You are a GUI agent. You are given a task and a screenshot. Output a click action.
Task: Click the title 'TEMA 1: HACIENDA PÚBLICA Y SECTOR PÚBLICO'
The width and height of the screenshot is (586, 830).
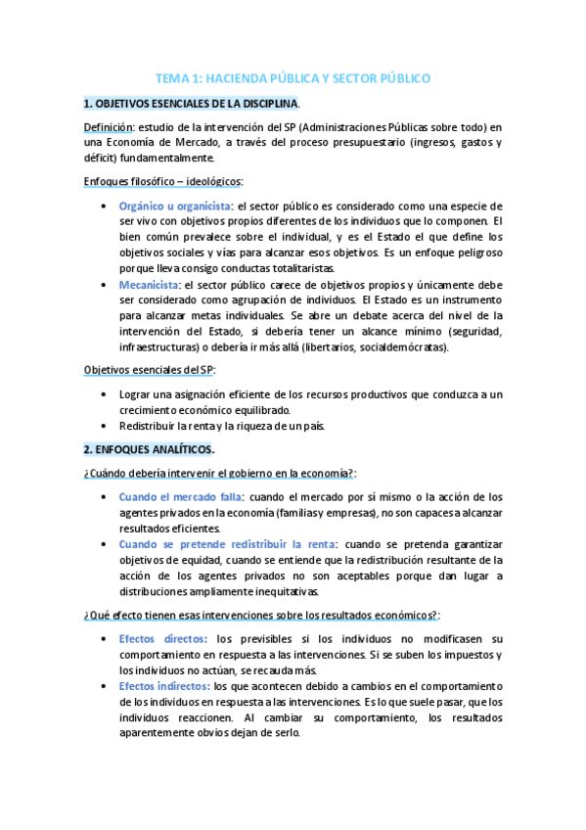click(293, 79)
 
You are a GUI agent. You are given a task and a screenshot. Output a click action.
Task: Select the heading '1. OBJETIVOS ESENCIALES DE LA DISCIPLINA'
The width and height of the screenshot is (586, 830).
click(191, 104)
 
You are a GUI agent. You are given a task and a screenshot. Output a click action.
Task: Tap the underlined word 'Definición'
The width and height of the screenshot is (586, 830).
click(108, 126)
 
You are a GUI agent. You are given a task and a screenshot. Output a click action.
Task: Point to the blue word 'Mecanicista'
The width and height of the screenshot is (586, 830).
click(148, 285)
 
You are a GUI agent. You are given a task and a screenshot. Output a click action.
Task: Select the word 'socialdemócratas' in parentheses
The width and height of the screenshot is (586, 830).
click(401, 346)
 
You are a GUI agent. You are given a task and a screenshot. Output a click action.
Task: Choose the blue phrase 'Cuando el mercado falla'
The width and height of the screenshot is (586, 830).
click(180, 496)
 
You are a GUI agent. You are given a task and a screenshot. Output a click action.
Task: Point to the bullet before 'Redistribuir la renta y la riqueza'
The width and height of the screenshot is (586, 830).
click(105, 425)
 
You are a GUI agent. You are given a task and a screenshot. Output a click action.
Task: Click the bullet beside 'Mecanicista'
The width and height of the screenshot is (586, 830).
click(105, 285)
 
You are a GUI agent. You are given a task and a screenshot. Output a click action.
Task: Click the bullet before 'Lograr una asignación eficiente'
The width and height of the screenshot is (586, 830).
click(105, 393)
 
